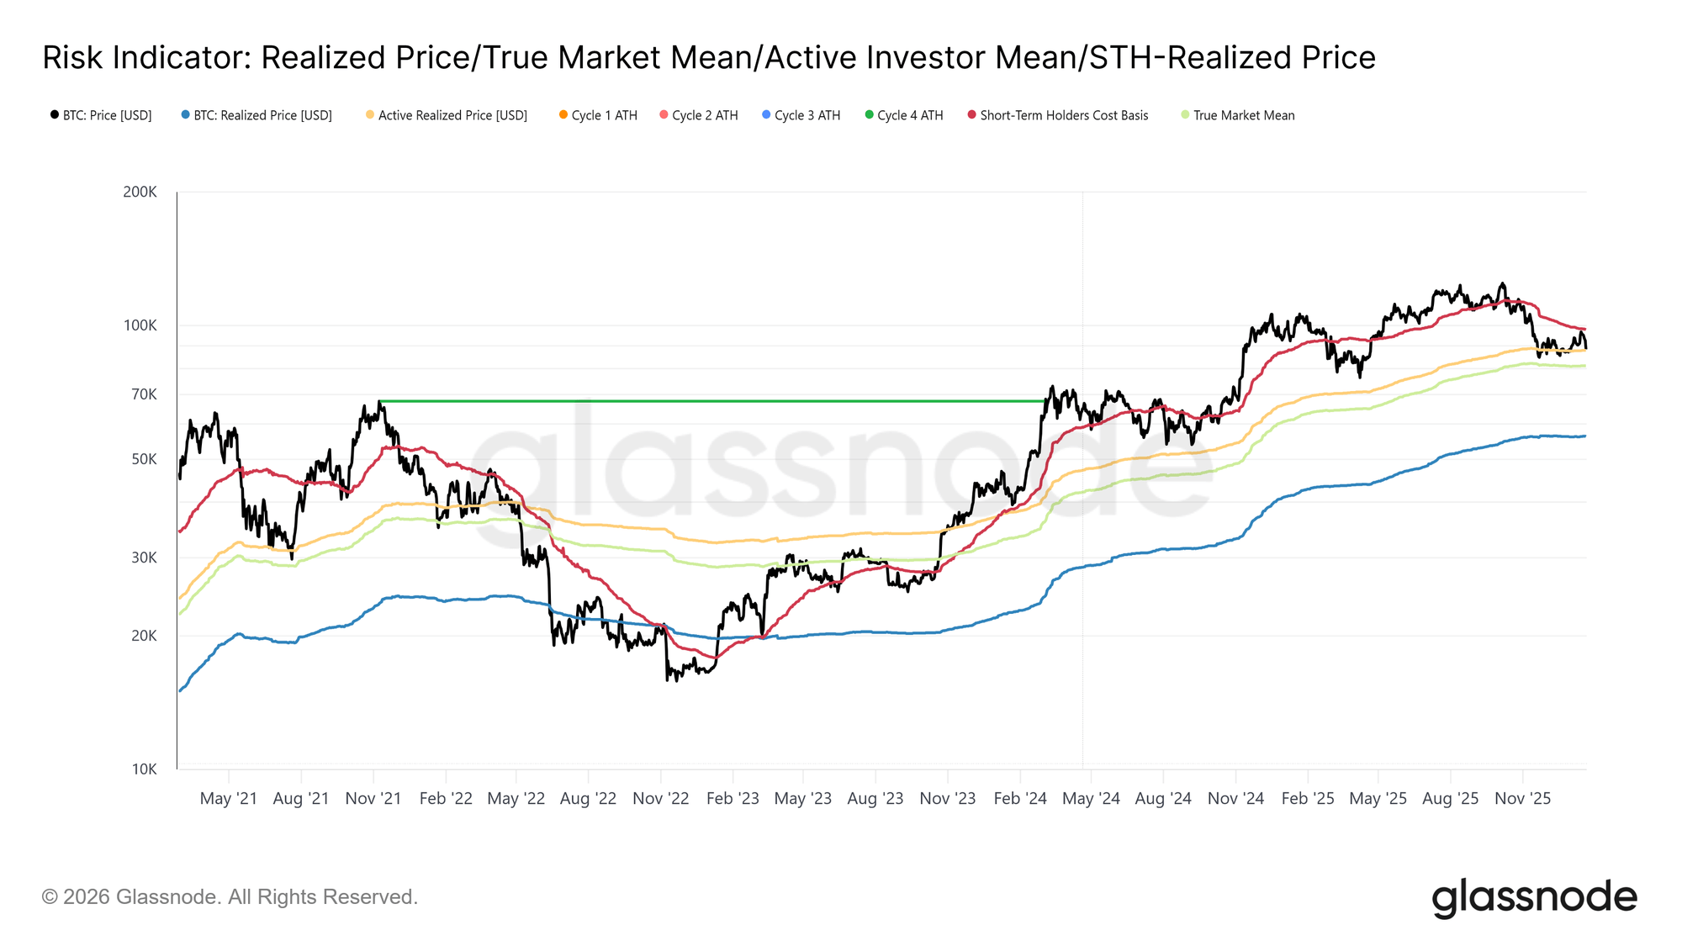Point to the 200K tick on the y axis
point(140,192)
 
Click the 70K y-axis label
point(144,394)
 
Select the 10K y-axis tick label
point(144,769)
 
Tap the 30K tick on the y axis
point(144,558)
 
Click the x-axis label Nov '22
point(660,799)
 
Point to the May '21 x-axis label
point(228,799)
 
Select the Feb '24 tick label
point(1019,799)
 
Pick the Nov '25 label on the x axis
point(1522,799)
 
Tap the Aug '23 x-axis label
point(875,799)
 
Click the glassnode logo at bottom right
point(1534,897)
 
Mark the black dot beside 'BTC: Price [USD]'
point(55,114)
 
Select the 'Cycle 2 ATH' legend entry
point(704,115)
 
